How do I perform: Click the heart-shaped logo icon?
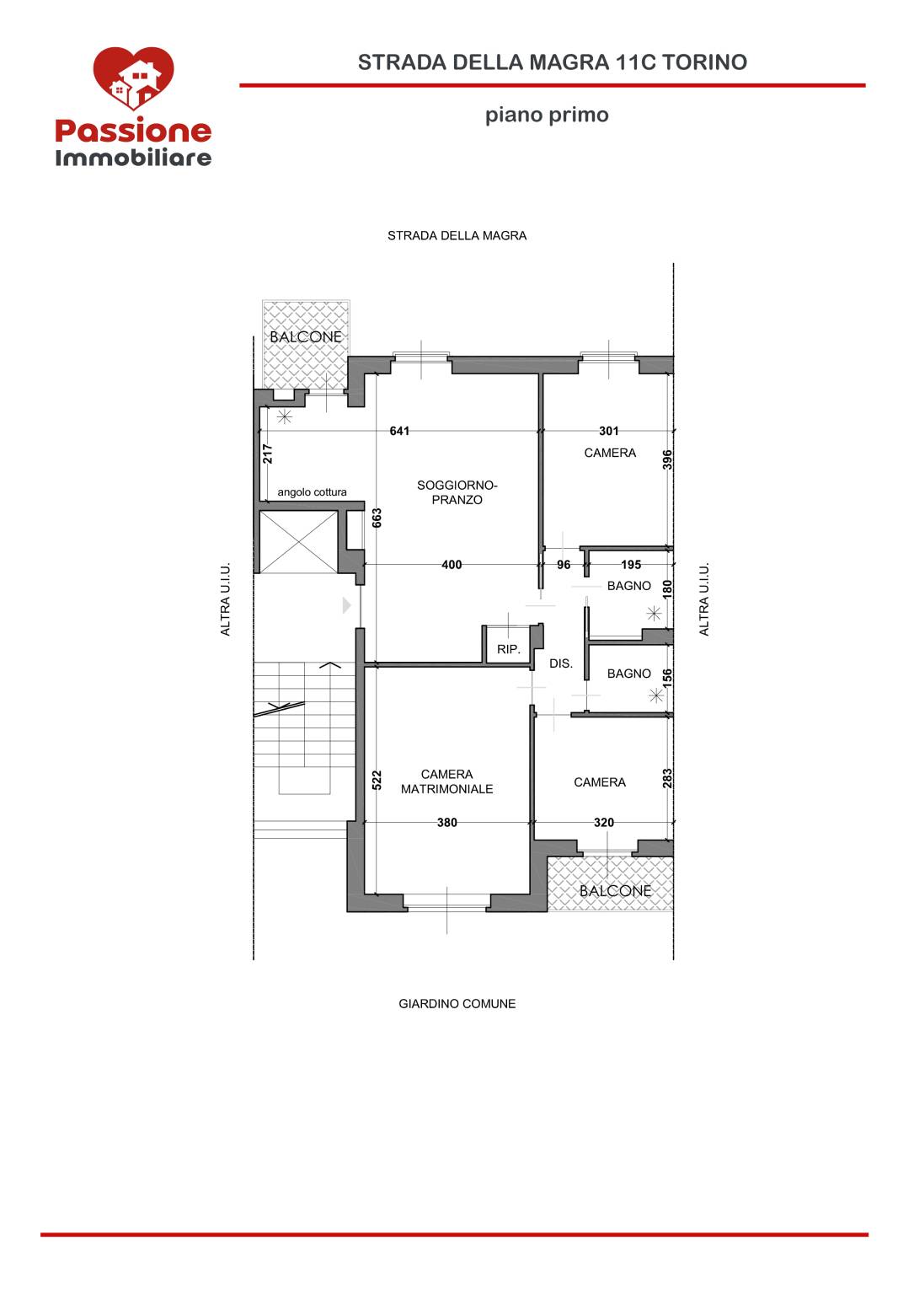point(133,78)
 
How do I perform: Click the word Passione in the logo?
point(133,132)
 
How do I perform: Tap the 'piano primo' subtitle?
point(547,115)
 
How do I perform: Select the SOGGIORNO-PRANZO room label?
point(457,492)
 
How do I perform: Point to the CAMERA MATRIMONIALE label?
point(447,781)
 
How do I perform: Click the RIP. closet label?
point(509,649)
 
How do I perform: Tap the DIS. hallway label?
point(561,663)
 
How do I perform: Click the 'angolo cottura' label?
point(312,492)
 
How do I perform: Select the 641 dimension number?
point(399,431)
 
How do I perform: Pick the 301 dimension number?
point(608,431)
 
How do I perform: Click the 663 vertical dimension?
point(377,518)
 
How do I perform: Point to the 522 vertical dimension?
point(377,781)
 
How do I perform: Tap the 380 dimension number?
point(447,822)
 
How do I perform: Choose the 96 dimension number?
point(564,565)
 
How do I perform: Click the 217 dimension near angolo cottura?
point(267,454)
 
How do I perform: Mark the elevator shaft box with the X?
point(298,542)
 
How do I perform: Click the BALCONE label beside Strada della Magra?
point(306,337)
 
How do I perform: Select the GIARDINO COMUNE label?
point(457,1004)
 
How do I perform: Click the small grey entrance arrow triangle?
point(346,604)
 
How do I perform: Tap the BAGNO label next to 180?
point(628,586)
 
